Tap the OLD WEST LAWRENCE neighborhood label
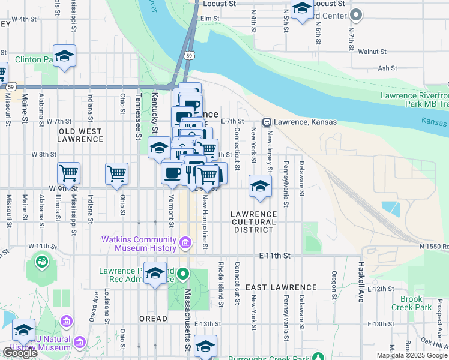[80, 135]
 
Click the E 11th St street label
[275, 256]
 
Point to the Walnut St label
[370, 52]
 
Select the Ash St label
[384, 69]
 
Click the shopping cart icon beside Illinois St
[69, 173]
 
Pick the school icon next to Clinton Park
[64, 56]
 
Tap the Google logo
[20, 353]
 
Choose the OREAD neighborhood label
[152, 318]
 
